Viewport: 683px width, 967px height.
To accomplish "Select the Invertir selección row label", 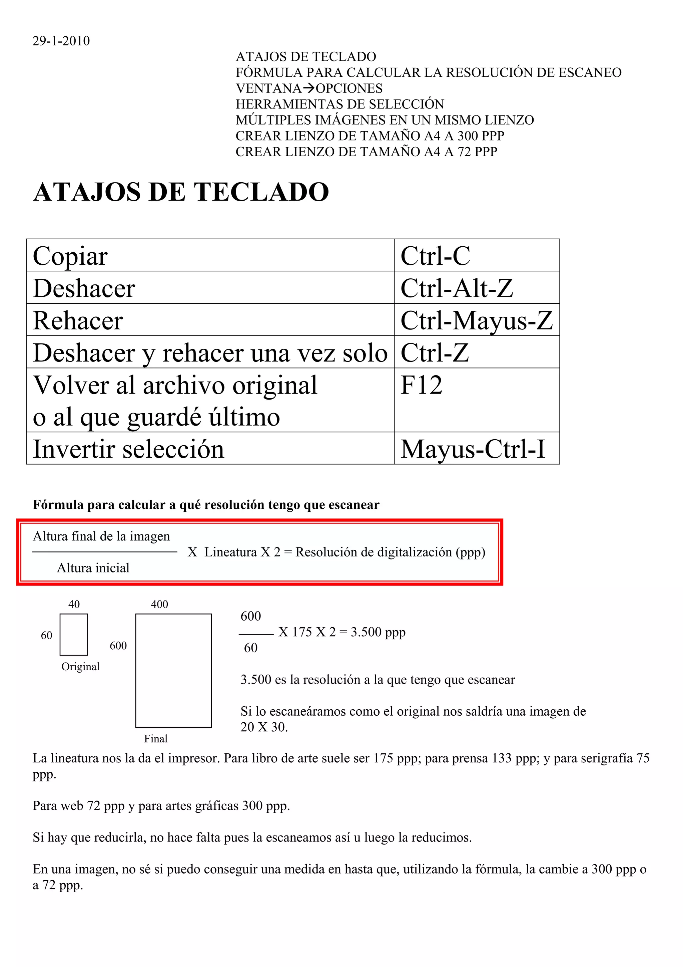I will pos(128,449).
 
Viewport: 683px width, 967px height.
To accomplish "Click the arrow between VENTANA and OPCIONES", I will pos(308,88).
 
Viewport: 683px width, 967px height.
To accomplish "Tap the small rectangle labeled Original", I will pos(74,634).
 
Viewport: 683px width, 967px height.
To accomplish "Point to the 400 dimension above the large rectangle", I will pos(159,605).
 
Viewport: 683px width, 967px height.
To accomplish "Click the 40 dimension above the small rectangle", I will pos(74,605).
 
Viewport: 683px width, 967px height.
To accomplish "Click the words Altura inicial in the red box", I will pos(93,568).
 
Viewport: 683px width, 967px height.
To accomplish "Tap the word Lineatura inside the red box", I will pos(230,552).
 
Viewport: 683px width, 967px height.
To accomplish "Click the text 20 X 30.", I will pos(264,727).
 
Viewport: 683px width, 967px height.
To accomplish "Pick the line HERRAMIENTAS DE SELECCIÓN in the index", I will pos(339,104).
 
